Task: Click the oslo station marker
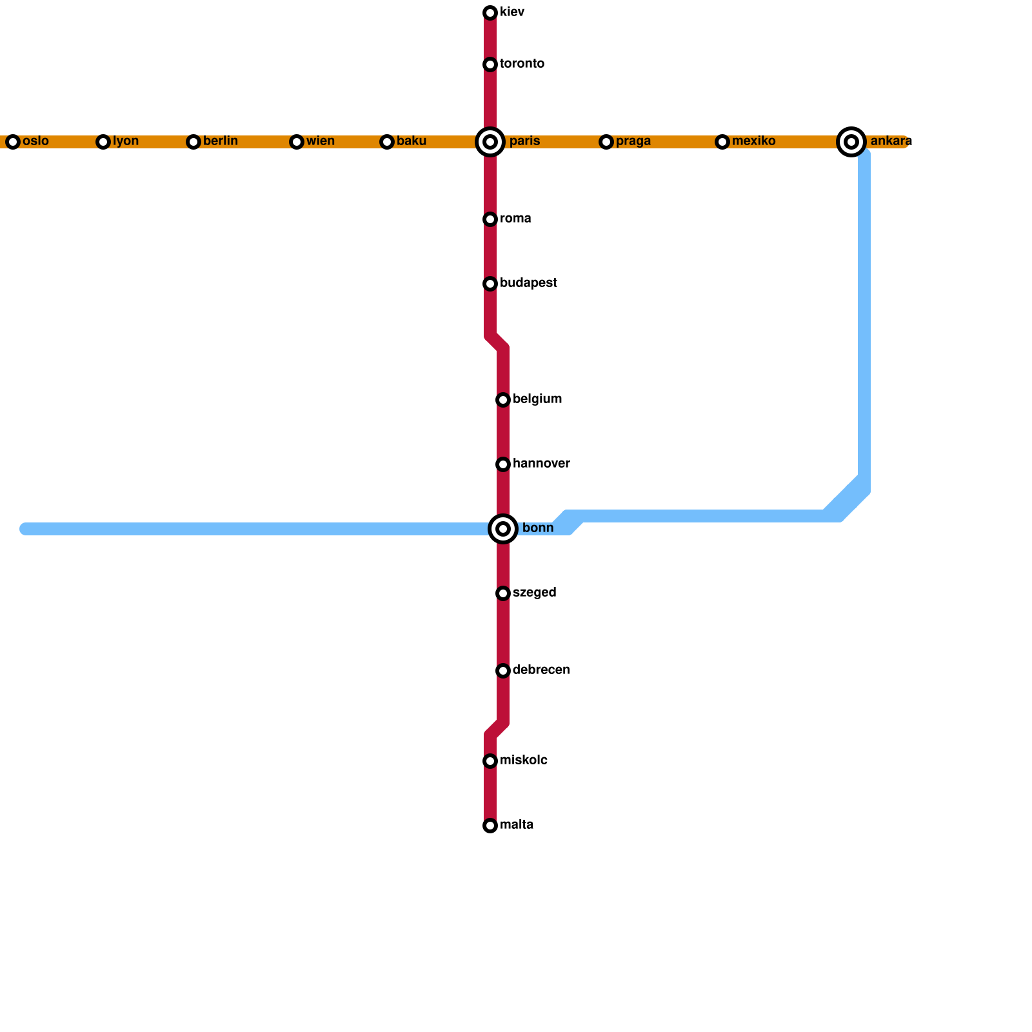[13, 142]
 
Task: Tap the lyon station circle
[103, 142]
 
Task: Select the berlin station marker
[193, 142]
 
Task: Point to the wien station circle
[297, 142]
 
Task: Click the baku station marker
[387, 142]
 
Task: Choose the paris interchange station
[490, 142]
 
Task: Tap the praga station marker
[606, 142]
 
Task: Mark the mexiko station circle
[722, 142]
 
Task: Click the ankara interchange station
[851, 142]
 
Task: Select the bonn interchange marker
[503, 529]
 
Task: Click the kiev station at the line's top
[490, 13]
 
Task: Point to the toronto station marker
[490, 64]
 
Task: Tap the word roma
[515, 219]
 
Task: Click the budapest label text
[528, 283]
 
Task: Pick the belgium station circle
[503, 400]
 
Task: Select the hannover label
[541, 464]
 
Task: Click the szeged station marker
[503, 593]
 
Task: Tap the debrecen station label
[541, 670]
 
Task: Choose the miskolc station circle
[490, 761]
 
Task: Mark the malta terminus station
[490, 826]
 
